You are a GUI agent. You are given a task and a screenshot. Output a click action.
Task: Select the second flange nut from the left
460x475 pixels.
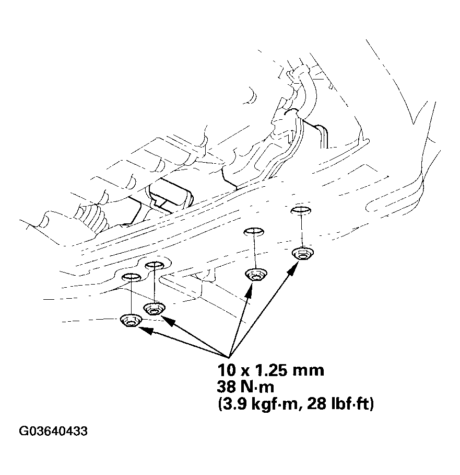pyautogui.click(x=155, y=308)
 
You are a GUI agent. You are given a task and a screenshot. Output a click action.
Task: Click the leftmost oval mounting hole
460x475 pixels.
pyautogui.click(x=131, y=276)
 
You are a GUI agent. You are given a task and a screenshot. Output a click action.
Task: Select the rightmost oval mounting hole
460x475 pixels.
pyautogui.click(x=300, y=210)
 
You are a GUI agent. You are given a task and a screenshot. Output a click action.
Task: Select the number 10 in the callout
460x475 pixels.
pyautogui.click(x=226, y=370)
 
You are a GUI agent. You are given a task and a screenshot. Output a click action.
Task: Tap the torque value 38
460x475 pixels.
pyautogui.click(x=227, y=388)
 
